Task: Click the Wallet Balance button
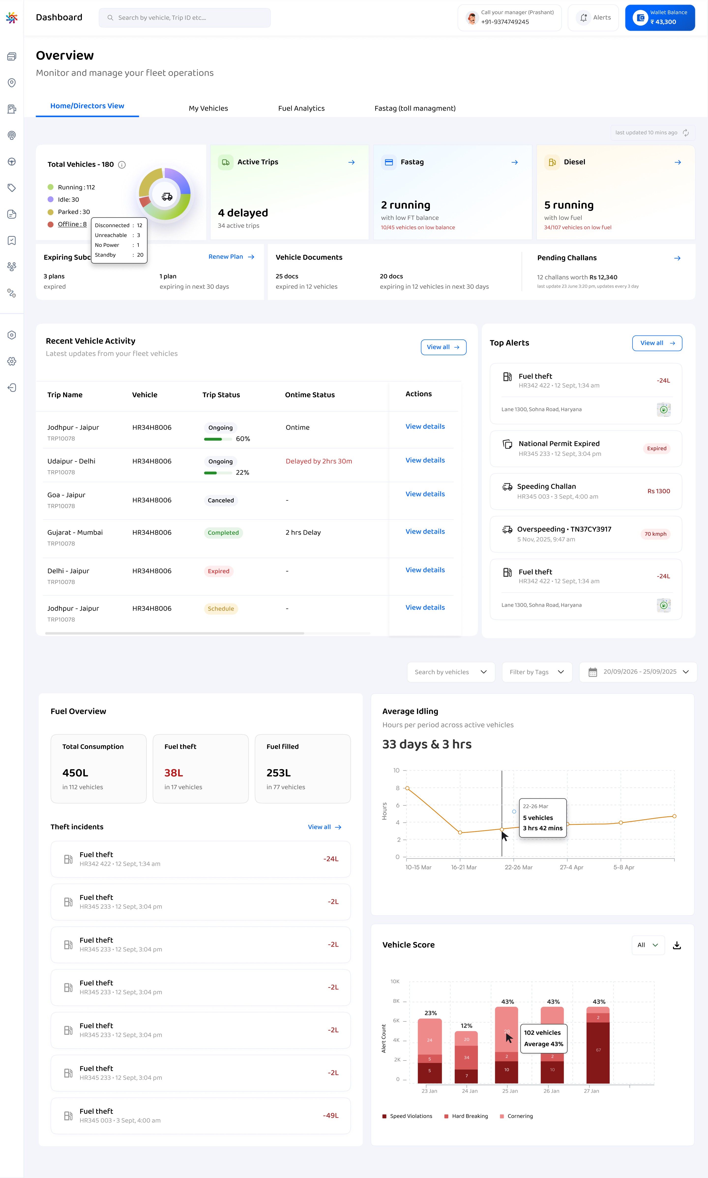660,18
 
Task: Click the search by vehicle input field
185,18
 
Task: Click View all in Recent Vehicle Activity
443,347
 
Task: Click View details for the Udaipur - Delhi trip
425,460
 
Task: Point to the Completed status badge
223,533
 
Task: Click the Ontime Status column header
310,395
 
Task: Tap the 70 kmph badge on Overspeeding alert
656,534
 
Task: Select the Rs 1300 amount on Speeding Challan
658,491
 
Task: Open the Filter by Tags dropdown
537,672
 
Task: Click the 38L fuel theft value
174,773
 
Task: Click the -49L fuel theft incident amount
331,1116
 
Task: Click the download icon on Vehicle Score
677,945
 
